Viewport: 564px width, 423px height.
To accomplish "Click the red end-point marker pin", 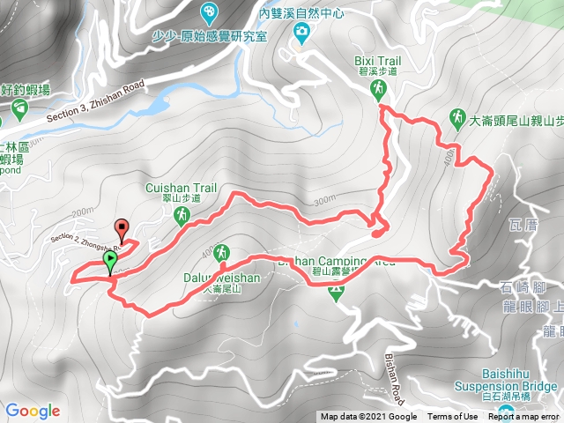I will tap(122, 227).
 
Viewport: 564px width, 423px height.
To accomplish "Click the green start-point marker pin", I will tap(109, 262).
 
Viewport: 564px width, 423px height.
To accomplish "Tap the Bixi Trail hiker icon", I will tap(378, 88).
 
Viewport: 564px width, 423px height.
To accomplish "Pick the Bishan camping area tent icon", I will tap(335, 294).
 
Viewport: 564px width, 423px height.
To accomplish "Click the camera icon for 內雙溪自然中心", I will tap(301, 33).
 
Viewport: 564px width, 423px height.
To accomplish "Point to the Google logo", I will tap(33, 411).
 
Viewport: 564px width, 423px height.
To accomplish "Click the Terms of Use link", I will tap(453, 417).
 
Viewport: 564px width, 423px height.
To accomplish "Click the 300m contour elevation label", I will tap(325, 201).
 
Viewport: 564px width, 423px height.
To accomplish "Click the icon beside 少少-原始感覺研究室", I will tap(209, 13).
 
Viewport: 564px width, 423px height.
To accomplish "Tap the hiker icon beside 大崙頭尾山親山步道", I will tap(457, 117).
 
